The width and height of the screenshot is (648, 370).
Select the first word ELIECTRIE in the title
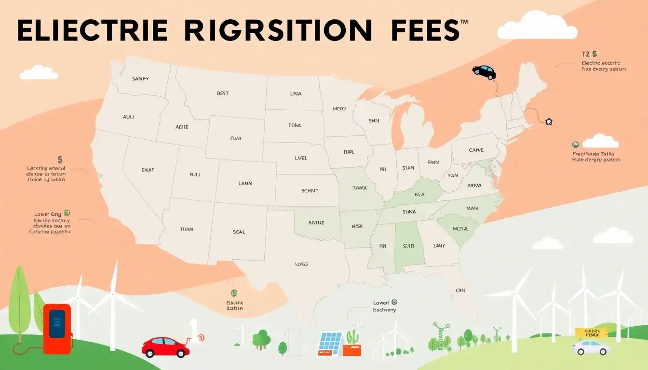click(92, 31)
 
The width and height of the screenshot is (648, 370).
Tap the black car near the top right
click(484, 72)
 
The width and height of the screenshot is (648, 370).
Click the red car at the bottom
click(165, 347)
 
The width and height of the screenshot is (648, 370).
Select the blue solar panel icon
click(330, 343)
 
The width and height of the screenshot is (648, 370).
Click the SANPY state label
click(140, 79)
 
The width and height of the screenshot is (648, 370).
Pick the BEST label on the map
click(223, 93)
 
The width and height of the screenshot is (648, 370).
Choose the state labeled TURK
click(186, 230)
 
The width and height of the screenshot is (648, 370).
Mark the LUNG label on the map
click(301, 264)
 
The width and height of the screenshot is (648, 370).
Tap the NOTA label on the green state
click(459, 229)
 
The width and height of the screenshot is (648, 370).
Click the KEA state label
click(419, 195)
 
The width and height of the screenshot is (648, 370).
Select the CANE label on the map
click(476, 150)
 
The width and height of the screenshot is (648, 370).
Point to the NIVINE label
click(316, 223)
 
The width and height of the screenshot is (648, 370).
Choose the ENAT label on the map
click(147, 170)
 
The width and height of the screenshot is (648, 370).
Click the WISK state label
click(357, 226)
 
